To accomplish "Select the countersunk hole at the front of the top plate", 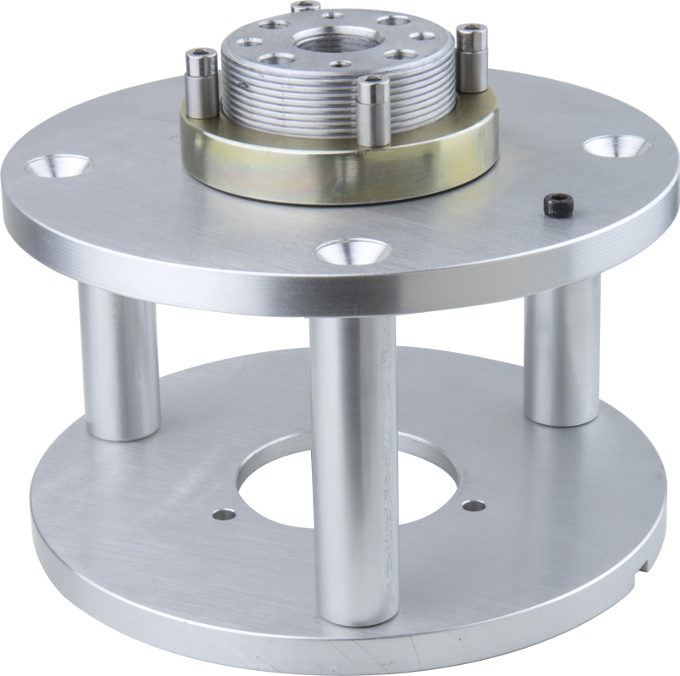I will point(348,251).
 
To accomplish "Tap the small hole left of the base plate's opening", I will point(224,514).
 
